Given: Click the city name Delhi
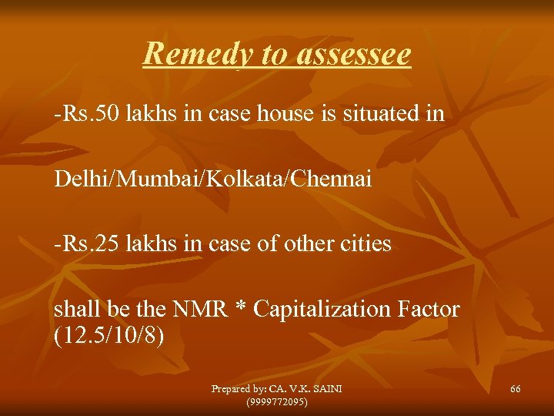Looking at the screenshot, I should (x=76, y=179).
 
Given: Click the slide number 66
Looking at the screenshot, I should (x=515, y=389).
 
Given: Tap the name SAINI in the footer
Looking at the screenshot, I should (x=326, y=389).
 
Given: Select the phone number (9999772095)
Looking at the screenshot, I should (x=276, y=401).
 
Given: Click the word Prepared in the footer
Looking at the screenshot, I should (x=233, y=389).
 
